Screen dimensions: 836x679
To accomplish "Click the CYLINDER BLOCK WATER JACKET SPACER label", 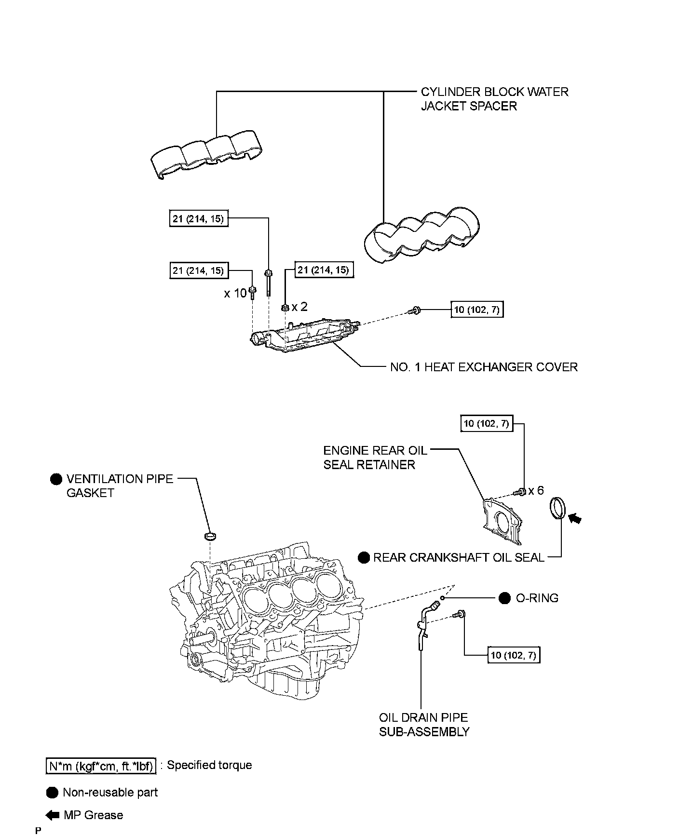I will point(494,99).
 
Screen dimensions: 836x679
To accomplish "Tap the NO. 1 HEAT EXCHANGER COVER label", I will point(483,367).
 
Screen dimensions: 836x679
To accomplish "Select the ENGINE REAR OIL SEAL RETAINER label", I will point(375,458).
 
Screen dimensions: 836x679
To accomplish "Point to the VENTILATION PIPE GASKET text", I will point(119,486).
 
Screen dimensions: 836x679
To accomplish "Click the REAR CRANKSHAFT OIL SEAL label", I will point(459,558).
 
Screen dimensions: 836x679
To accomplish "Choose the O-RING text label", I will point(537,598).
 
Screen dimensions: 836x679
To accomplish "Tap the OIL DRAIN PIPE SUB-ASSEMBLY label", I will point(424,725).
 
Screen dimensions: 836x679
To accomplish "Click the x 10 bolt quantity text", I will point(235,293).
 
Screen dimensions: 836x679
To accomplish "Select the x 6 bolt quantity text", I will point(536,491).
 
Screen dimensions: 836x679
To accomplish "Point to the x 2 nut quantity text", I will point(299,307).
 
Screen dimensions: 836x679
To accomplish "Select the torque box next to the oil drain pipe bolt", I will point(514,655).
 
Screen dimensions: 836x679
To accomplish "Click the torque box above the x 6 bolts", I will point(486,424).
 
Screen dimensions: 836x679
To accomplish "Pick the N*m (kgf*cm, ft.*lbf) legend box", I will point(101,766).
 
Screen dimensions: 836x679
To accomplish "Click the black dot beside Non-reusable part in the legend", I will point(52,793).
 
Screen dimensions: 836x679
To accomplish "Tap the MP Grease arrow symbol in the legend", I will point(52,815).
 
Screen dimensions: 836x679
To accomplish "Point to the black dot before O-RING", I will point(504,598).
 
